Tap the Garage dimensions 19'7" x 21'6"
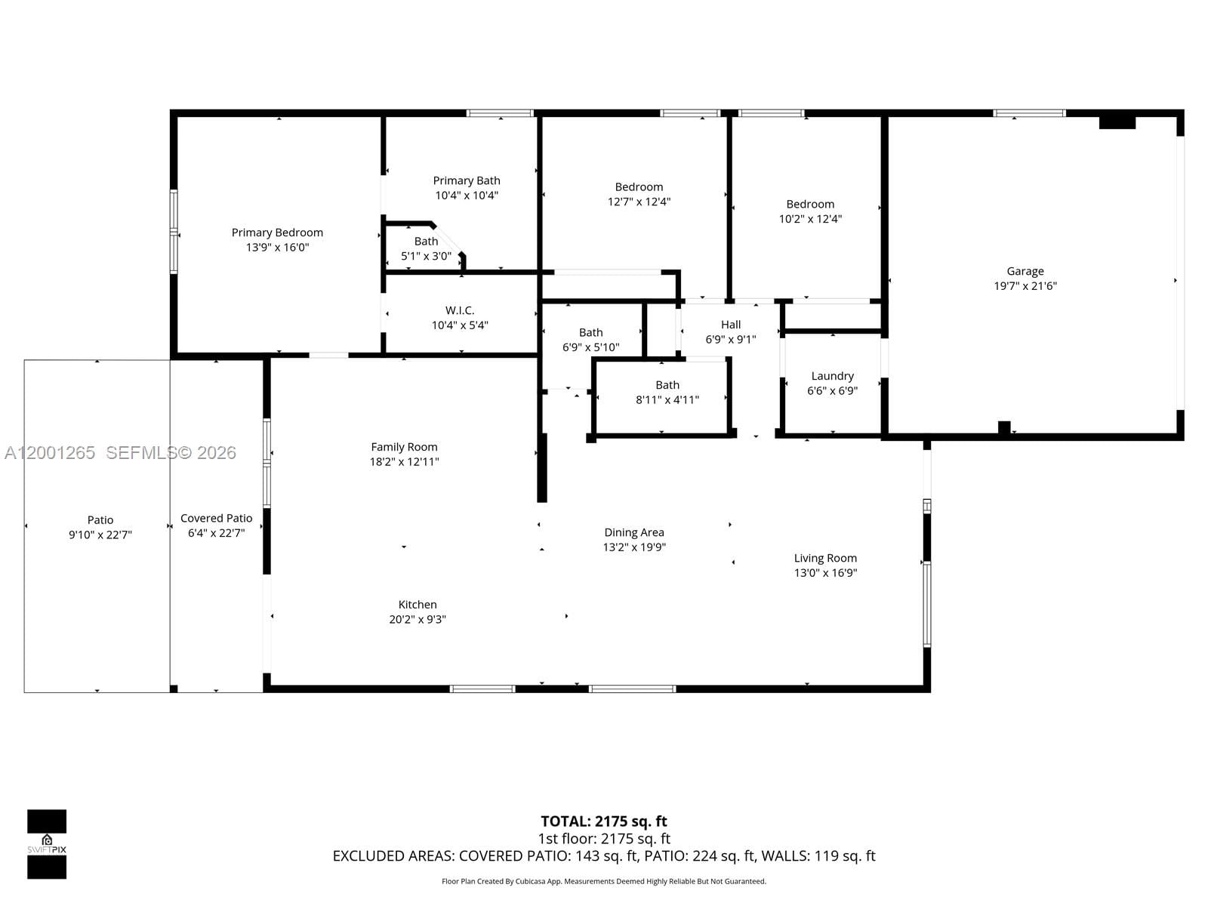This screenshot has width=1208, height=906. (1025, 286)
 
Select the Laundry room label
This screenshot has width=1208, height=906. (832, 376)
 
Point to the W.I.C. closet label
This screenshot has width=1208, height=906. (460, 310)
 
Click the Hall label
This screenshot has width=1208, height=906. (730, 325)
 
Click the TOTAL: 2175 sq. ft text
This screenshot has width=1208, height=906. (604, 821)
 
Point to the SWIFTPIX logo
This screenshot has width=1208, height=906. (47, 844)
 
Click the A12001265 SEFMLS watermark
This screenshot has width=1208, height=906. (120, 453)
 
